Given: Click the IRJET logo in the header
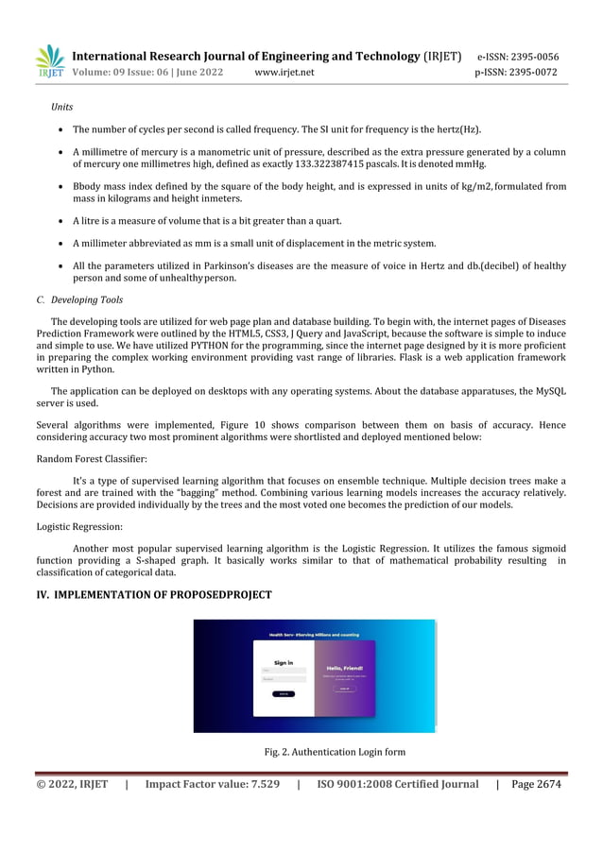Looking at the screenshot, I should point(50,62).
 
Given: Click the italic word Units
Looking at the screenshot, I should point(62,107).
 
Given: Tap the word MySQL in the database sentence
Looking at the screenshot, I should point(543,390).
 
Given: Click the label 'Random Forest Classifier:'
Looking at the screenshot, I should point(92,457).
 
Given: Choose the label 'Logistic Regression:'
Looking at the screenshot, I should point(79,526).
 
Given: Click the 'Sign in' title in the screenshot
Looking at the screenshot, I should point(284,662).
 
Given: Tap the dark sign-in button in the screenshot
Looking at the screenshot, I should point(284,693).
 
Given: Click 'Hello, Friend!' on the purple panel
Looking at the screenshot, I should point(344,668).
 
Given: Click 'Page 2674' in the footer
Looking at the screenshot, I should point(535,784).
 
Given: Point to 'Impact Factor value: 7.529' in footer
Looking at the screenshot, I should point(212,784).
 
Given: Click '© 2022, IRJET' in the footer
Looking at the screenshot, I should point(72,784).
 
